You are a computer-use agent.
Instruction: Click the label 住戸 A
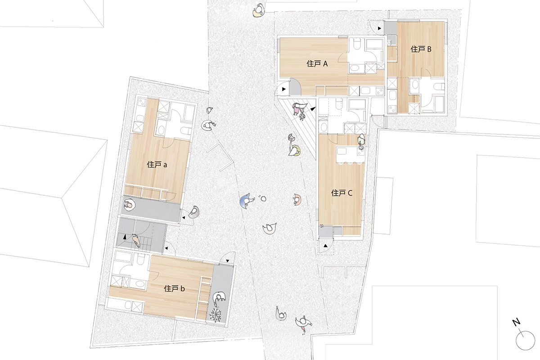point(317,64)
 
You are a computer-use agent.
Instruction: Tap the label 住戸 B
point(421,49)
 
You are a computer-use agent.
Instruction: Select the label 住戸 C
point(342,193)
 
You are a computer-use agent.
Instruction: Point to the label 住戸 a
point(157,165)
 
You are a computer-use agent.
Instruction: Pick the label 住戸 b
point(174,288)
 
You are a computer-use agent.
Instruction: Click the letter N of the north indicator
point(517,322)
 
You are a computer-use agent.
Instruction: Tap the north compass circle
point(526,341)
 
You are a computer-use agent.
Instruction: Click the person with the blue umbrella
point(247,201)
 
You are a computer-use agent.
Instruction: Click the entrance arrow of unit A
point(284,89)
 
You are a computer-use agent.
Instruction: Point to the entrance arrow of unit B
point(379,28)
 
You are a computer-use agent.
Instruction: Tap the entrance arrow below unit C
point(325,246)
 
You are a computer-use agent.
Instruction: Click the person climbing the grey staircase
point(136,240)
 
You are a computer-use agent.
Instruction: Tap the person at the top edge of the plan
point(259,11)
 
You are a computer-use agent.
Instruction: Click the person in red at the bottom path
point(303,324)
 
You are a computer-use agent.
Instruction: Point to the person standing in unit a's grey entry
point(129,204)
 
